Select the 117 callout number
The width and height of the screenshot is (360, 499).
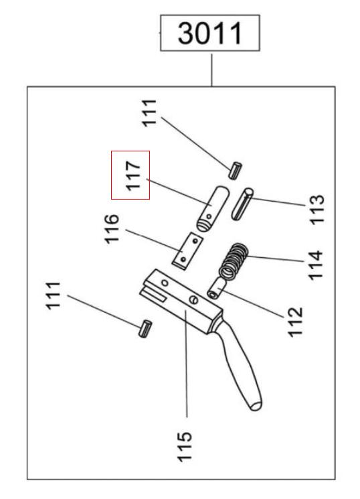click(132, 175)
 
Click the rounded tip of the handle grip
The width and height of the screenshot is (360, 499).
click(256, 405)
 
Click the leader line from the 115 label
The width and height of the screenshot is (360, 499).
click(187, 362)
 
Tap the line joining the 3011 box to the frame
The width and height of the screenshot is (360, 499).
click(212, 70)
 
